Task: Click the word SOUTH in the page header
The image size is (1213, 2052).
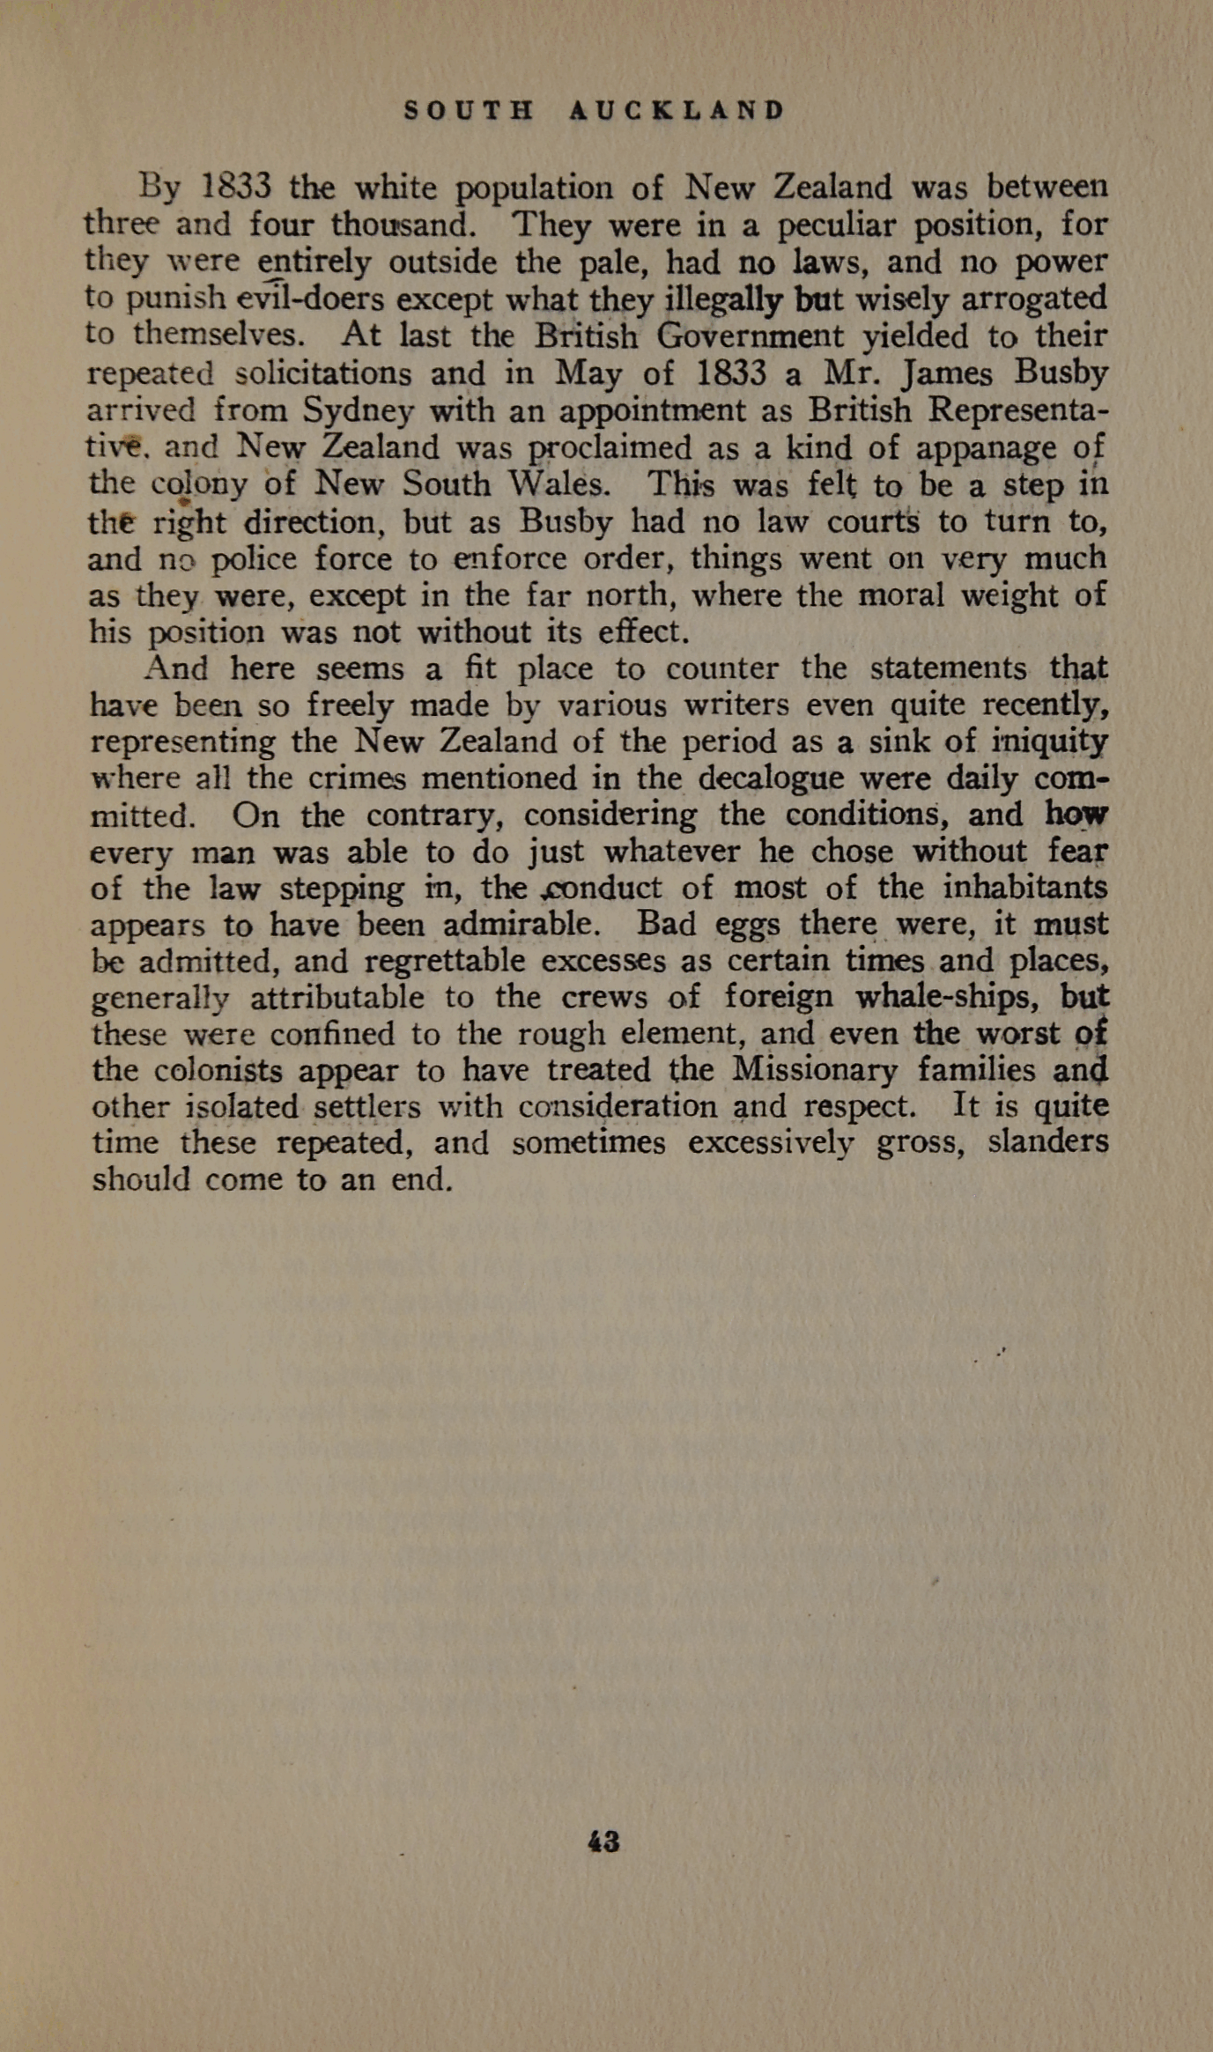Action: pos(469,111)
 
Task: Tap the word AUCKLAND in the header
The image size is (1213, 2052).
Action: pos(677,111)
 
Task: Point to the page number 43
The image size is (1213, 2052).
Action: pos(603,1842)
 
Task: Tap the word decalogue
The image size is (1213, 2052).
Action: pos(769,779)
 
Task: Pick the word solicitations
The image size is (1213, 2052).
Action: pos(323,374)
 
